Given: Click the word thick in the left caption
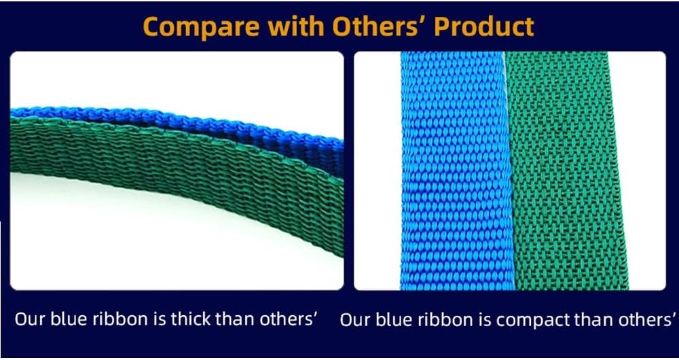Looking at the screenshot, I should [194, 319].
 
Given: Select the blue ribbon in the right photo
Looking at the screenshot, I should [452, 170].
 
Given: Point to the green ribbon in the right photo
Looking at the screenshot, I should [567, 170].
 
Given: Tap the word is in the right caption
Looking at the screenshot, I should [479, 319].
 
